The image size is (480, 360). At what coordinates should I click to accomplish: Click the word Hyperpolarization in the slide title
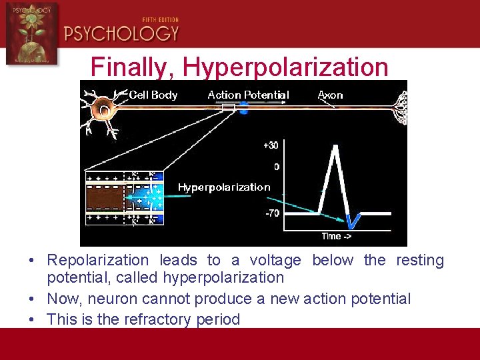click(285, 67)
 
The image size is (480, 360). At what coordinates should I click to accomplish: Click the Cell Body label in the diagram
click(153, 95)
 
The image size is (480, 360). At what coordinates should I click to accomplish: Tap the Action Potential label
click(248, 95)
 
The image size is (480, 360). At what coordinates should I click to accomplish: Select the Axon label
click(330, 95)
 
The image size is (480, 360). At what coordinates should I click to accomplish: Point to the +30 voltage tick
click(271, 145)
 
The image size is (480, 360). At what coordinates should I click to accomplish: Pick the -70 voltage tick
click(271, 213)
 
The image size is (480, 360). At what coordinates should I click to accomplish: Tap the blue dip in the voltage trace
click(353, 220)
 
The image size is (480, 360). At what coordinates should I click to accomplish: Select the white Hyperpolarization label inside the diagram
click(224, 187)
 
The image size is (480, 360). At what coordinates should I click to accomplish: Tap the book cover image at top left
click(31, 33)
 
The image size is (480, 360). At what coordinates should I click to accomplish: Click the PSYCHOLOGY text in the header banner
click(122, 33)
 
